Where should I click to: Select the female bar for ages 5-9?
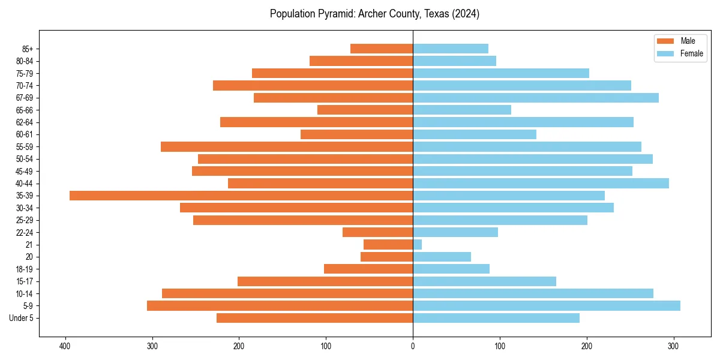[547, 306]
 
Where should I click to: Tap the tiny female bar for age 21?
[418, 245]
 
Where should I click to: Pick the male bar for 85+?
[382, 49]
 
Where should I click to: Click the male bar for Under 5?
[314, 318]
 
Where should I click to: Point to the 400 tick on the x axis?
[65, 346]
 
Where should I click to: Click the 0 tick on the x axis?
[413, 346]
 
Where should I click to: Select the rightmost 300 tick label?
[674, 346]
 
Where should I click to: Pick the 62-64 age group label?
[25, 122]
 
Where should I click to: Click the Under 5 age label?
[22, 318]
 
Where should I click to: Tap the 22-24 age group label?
[25, 233]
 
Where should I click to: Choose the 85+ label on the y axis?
[28, 49]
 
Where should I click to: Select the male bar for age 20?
[386, 257]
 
